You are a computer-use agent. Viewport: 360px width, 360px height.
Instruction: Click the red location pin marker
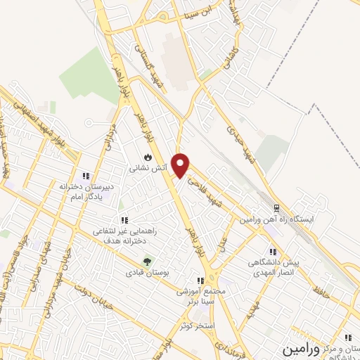[181, 165]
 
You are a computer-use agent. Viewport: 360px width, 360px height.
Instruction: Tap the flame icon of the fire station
[148, 156]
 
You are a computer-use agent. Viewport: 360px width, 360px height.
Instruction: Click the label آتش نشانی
[143, 169]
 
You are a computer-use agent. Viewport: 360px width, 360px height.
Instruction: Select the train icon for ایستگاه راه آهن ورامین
[277, 208]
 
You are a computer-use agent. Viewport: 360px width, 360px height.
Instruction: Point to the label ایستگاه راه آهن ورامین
[276, 220]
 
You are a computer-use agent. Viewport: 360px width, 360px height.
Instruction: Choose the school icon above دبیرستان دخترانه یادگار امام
[86, 176]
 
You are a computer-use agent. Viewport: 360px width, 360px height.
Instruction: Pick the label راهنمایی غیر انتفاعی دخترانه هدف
[124, 236]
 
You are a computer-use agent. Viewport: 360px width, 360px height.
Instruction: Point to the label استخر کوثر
[195, 326]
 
